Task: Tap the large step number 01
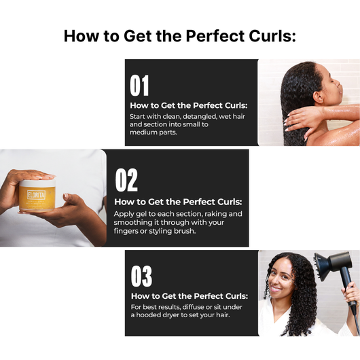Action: point(139,86)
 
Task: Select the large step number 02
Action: point(126,180)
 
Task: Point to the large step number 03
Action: point(141,276)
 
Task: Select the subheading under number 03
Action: point(188,296)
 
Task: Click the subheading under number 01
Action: point(188,105)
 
